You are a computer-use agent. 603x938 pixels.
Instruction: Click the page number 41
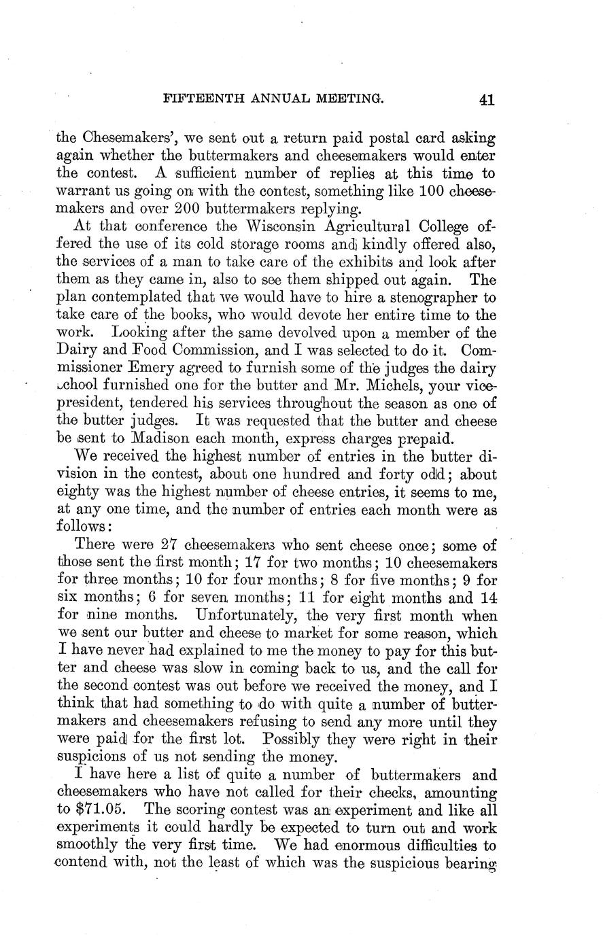(486, 100)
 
